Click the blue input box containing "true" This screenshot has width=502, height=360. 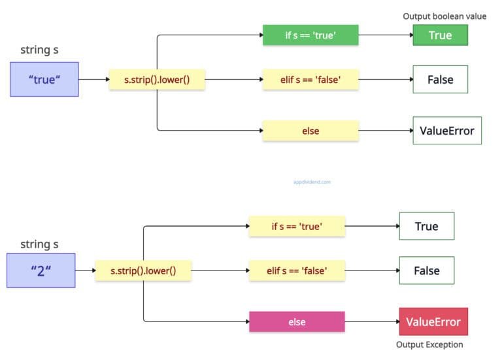pos(44,80)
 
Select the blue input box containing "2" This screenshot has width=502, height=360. pos(41,270)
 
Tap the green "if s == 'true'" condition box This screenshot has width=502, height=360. pos(310,35)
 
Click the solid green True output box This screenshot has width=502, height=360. pos(440,35)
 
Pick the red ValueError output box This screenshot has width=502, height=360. pos(433,321)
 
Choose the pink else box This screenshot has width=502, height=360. pos(297,322)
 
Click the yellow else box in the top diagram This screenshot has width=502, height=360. pos(310,131)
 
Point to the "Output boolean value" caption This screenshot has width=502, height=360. pos(444,16)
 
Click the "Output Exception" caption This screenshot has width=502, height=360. pos(429,344)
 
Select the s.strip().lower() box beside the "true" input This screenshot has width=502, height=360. pos(156,80)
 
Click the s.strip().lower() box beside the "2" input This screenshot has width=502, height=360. pos(143,270)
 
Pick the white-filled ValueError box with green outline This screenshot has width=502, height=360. pos(446,131)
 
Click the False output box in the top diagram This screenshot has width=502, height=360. pos(440,80)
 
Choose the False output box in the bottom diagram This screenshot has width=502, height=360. pos(426,270)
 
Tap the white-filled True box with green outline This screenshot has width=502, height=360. pos(426,226)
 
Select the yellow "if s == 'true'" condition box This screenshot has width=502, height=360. pos(297,226)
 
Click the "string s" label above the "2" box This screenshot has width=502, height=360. pos(39,244)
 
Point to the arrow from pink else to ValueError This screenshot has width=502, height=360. pos(371,321)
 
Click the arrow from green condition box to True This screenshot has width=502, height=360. pos(386,35)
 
